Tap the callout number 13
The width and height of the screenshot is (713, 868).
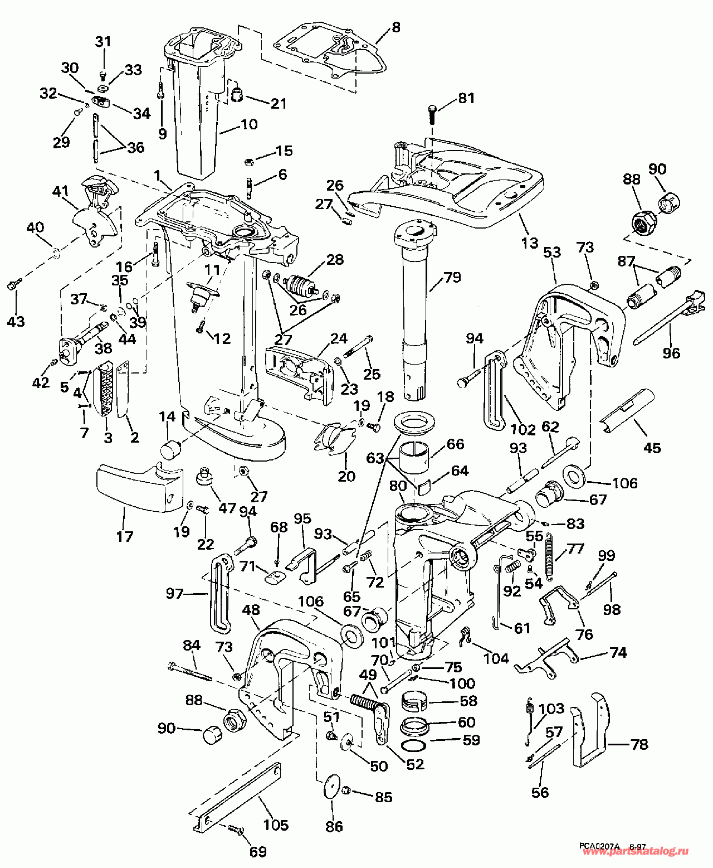point(530,243)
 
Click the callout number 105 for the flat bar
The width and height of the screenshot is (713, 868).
point(276,825)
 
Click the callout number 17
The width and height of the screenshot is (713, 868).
point(125,536)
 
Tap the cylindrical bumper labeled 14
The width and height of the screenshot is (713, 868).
point(171,449)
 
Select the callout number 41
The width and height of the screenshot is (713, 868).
point(60,192)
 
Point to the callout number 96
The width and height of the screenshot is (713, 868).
point(671,353)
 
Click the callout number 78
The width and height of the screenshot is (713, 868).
point(639,744)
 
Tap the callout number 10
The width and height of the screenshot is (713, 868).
point(249,124)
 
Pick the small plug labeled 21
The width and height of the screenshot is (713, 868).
point(239,94)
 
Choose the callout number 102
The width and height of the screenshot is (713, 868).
point(523,429)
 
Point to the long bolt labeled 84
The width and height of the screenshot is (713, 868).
point(189,671)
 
